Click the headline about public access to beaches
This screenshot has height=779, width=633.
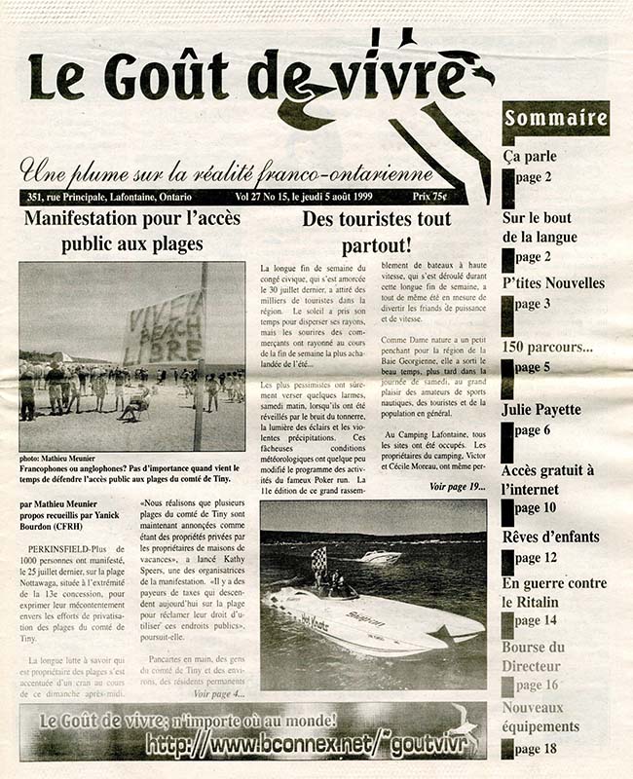(x=132, y=231)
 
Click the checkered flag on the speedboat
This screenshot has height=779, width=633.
(x=317, y=558)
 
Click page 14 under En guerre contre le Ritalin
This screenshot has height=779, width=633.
(x=537, y=620)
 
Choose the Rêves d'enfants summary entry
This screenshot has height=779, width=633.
(x=550, y=537)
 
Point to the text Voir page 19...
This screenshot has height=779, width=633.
(x=456, y=486)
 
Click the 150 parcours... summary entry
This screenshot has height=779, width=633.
(x=547, y=347)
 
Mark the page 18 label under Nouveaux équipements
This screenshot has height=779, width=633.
(x=537, y=749)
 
